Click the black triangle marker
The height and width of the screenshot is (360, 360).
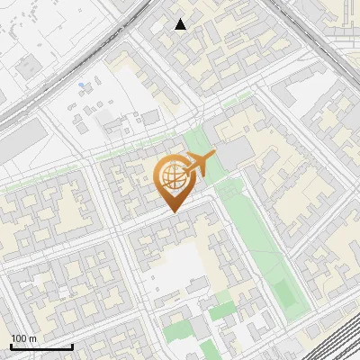tap(181, 24)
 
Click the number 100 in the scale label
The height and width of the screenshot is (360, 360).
tap(20, 338)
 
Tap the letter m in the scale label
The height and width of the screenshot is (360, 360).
tap(32, 338)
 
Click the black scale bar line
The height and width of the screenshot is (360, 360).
tap(41, 346)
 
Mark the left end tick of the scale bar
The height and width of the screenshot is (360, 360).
tap(11, 345)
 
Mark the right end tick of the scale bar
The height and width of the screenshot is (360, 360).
tap(72, 345)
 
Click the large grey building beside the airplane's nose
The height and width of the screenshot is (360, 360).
tap(236, 154)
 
